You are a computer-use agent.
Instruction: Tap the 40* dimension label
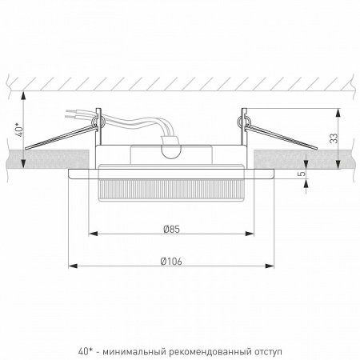[18, 127]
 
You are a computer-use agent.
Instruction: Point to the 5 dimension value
[302, 173]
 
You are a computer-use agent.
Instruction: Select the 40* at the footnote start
[86, 350]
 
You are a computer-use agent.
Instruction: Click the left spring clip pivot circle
[100, 121]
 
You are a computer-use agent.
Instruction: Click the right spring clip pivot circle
[240, 121]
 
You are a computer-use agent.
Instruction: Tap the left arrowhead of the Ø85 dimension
[90, 234]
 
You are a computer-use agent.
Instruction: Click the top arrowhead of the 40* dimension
[26, 94]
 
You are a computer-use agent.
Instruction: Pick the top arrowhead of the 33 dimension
[326, 107]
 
